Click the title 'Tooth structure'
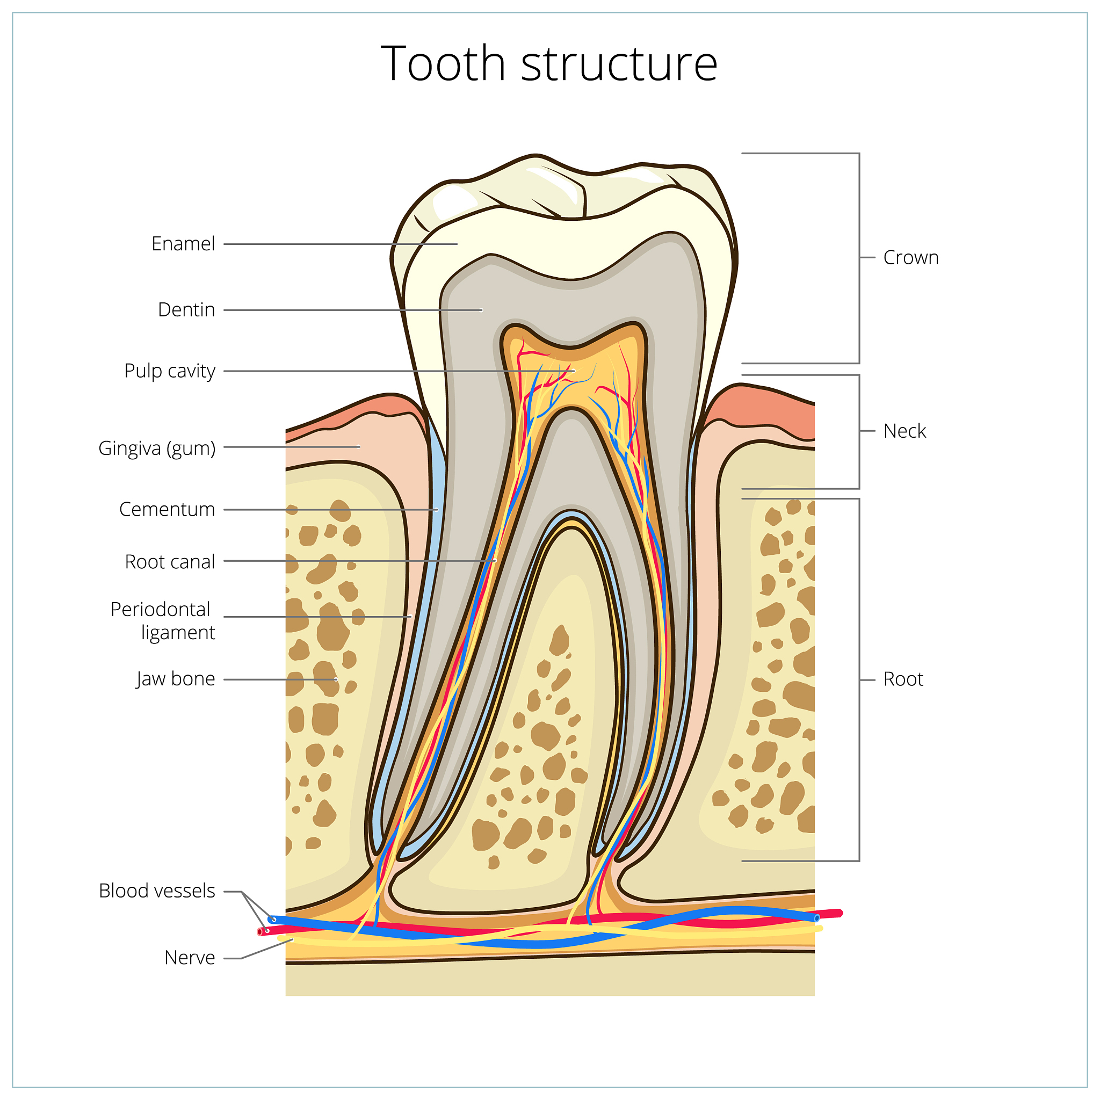click(549, 63)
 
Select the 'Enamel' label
click(183, 244)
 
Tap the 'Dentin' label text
click(186, 310)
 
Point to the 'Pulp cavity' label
click(170, 371)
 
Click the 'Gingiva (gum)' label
click(157, 448)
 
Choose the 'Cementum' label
click(167, 509)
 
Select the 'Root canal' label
click(170, 561)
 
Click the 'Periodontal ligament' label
click(163, 620)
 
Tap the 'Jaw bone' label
click(175, 679)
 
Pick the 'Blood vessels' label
click(157, 891)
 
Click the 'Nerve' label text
click(190, 958)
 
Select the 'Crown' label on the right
click(910, 257)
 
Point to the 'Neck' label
click(904, 431)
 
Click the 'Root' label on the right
click(903, 679)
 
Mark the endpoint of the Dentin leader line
click(482, 310)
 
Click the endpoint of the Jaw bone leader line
click(336, 679)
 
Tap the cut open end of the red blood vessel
click(260, 932)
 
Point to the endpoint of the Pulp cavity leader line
click(574, 371)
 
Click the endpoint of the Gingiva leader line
click(359, 447)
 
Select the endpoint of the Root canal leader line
click(495, 561)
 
